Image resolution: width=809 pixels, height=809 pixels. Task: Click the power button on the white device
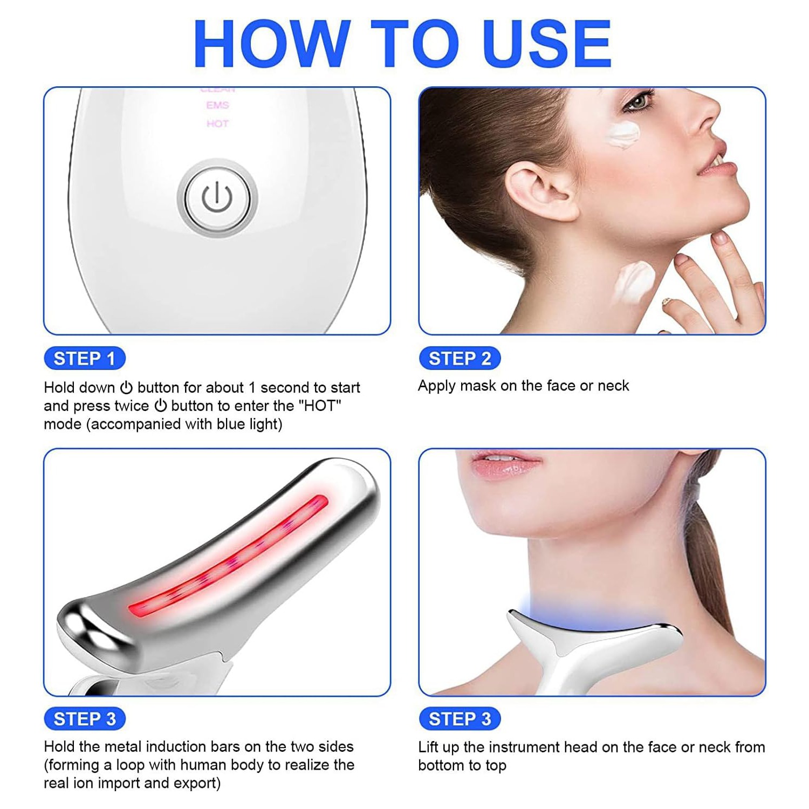pos(217,198)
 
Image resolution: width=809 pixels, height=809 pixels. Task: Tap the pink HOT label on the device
pos(217,124)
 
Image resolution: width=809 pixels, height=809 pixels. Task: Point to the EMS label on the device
pos(217,105)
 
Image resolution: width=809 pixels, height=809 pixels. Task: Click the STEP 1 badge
pos(84,358)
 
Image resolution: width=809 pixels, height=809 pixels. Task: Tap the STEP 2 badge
pos(460,358)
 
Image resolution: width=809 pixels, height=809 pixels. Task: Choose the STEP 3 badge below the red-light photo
pos(84,719)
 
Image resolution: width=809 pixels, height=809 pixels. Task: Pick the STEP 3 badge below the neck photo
pos(460,719)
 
